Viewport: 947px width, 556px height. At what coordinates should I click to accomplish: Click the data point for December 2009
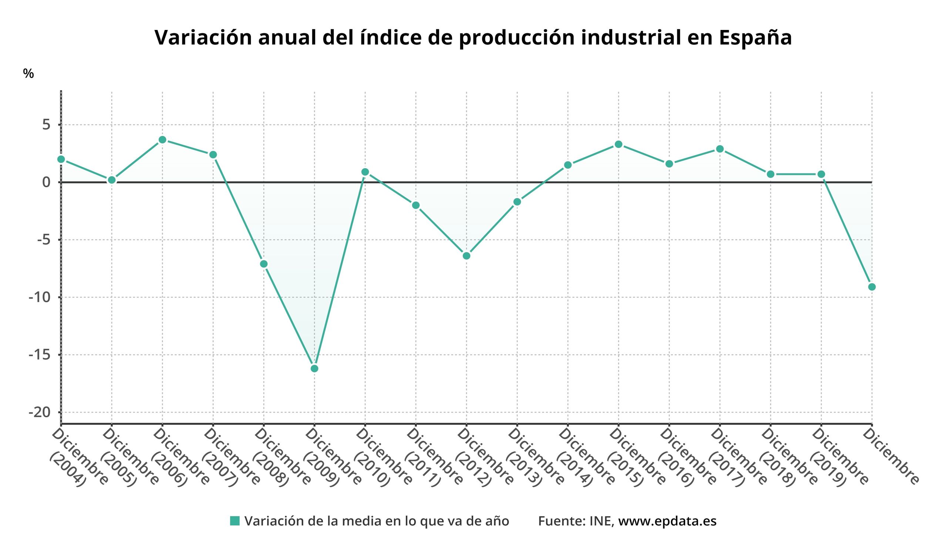click(x=314, y=368)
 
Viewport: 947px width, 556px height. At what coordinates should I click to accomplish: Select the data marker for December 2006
click(x=162, y=140)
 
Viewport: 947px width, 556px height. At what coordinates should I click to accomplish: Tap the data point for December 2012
click(x=467, y=256)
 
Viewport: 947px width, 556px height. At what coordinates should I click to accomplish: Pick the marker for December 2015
click(x=619, y=144)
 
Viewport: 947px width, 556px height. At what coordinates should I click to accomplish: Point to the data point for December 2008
click(x=264, y=264)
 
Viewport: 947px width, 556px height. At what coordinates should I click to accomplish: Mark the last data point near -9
click(x=872, y=287)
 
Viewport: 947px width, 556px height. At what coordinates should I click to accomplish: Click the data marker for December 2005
click(x=112, y=180)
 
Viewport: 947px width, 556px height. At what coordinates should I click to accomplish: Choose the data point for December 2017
click(x=720, y=149)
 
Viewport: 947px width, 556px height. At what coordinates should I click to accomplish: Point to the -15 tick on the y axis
click(x=40, y=355)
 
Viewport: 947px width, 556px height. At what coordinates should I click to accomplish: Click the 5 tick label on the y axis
click(x=46, y=125)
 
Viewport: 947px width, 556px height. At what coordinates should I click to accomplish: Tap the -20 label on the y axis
click(x=40, y=412)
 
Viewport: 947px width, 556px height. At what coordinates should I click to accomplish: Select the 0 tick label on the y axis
click(x=46, y=183)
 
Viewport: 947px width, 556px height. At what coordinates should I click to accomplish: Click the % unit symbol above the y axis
click(x=28, y=74)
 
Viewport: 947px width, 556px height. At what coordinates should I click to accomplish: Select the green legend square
click(x=235, y=521)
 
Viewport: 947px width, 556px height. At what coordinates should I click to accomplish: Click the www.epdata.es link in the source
click(x=667, y=521)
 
